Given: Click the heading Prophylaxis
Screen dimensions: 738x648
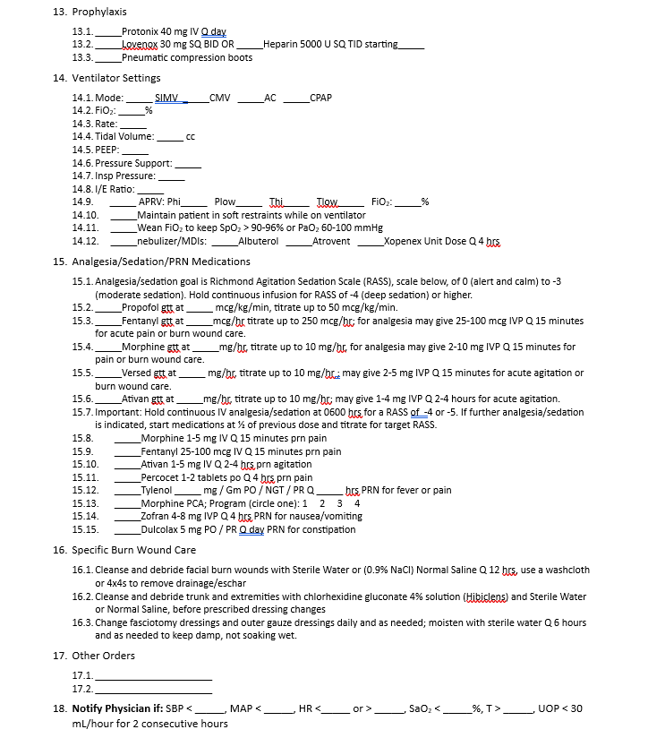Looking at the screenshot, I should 99,12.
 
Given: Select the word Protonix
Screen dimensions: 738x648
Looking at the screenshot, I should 140,31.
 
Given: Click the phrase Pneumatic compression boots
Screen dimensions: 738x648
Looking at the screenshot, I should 187,58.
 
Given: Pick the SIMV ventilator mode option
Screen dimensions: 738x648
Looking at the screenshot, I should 167,98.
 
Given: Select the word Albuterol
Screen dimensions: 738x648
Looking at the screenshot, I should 259,242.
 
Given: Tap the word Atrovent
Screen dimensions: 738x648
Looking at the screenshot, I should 331,242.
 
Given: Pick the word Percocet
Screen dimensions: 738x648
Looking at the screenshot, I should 160,477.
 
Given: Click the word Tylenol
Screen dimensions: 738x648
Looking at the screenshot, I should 156,491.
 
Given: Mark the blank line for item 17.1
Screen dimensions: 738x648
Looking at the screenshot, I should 154,676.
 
